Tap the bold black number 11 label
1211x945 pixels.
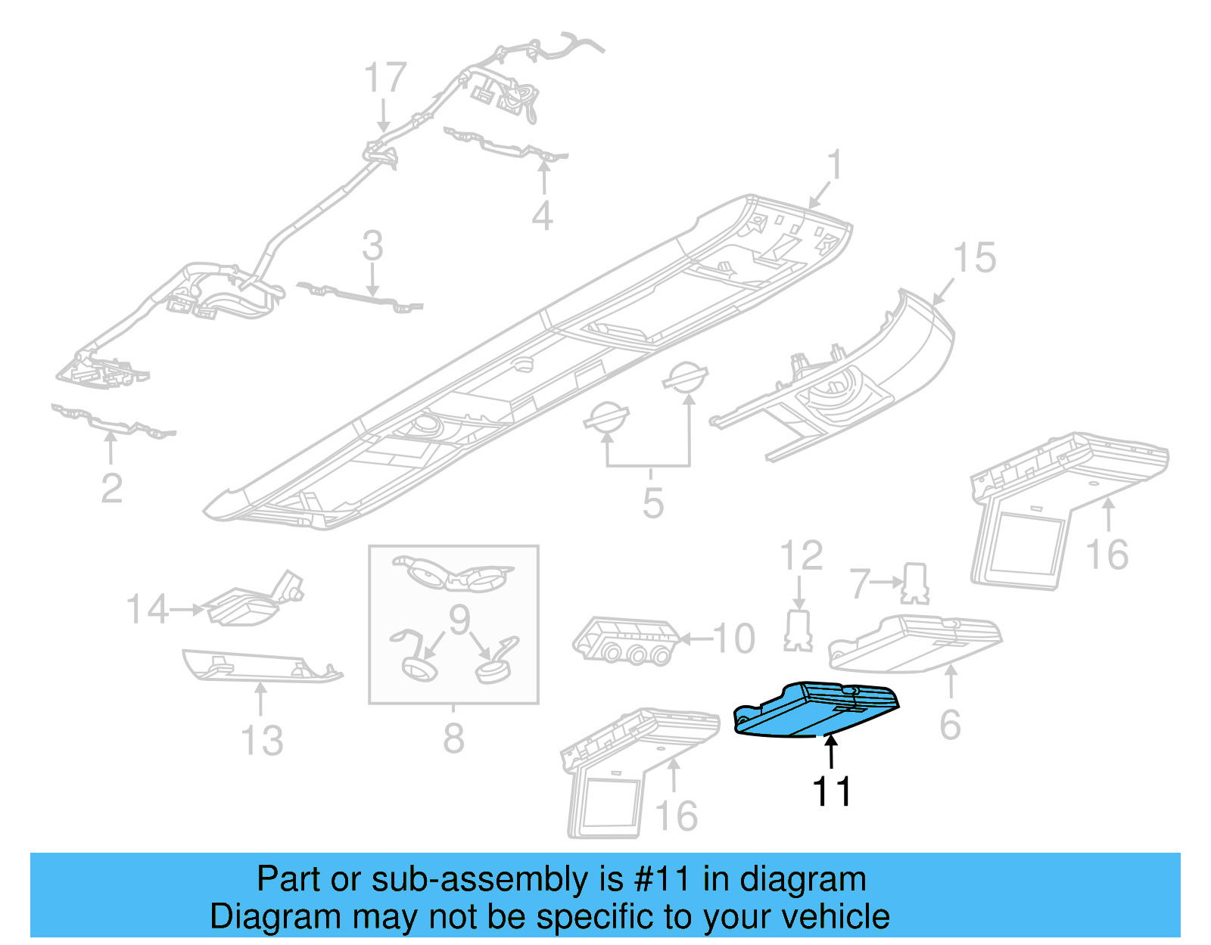pyautogui.click(x=831, y=792)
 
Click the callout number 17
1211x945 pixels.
pyautogui.click(x=385, y=79)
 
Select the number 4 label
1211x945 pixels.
pyautogui.click(x=542, y=216)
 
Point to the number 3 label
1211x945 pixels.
pyautogui.click(x=372, y=247)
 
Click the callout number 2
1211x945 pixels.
pyautogui.click(x=111, y=488)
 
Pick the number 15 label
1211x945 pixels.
pyautogui.click(x=974, y=259)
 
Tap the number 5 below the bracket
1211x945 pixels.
pyautogui.click(x=652, y=503)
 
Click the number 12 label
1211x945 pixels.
pyautogui.click(x=801, y=556)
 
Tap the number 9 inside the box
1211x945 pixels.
pyautogui.click(x=459, y=620)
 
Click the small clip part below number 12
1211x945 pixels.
pyautogui.click(x=798, y=632)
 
